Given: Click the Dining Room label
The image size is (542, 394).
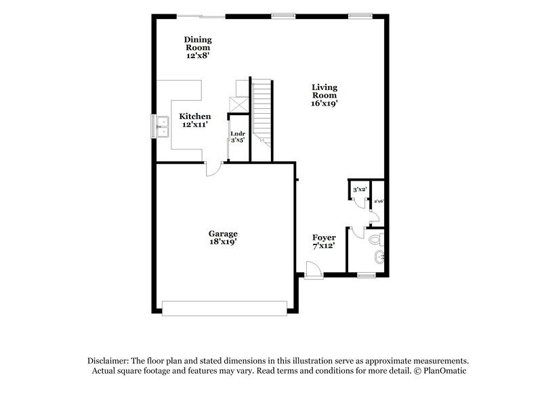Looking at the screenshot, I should [x=198, y=47].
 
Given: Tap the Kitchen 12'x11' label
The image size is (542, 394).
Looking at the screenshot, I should [x=195, y=121].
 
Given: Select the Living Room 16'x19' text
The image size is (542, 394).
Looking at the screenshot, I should [x=325, y=95].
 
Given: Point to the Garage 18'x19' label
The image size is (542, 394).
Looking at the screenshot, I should [x=223, y=238].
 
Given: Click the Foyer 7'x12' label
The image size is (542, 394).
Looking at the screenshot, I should [x=325, y=242].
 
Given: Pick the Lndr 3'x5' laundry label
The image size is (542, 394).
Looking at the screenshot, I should [x=238, y=136].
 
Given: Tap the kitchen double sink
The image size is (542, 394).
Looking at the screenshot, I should [x=163, y=125].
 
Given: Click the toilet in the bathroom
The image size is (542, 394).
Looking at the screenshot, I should [x=377, y=238].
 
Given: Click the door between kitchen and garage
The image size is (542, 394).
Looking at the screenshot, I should [x=213, y=169].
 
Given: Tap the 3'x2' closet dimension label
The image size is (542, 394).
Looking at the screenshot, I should [x=360, y=190].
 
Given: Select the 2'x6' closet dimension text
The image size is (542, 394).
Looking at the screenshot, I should [x=379, y=201].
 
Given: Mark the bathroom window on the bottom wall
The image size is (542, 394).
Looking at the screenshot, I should [x=367, y=276].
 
